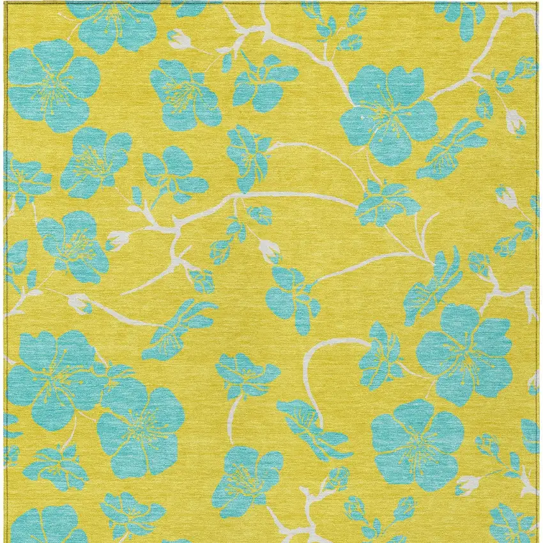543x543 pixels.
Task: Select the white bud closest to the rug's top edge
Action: click(180, 41)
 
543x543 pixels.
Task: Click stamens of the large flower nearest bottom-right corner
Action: click(418, 441)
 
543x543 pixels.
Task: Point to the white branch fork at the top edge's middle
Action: click(256, 29)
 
